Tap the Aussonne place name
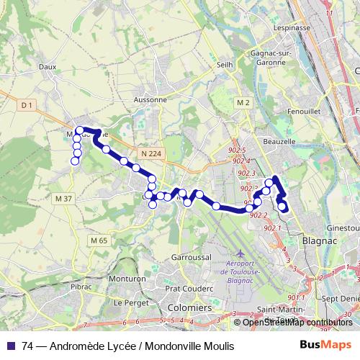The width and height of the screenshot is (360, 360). click(150, 99)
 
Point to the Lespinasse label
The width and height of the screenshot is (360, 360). click(292, 28)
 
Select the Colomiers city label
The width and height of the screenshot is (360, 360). click(189, 307)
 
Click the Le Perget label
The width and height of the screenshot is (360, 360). click(130, 302)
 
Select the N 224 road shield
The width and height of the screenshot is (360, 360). click(151, 153)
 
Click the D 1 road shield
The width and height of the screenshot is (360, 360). click(27, 105)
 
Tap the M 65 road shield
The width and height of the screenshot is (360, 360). click(99, 240)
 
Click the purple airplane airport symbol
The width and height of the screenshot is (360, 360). click(240, 254)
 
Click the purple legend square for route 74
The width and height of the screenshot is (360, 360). click(10, 346)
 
